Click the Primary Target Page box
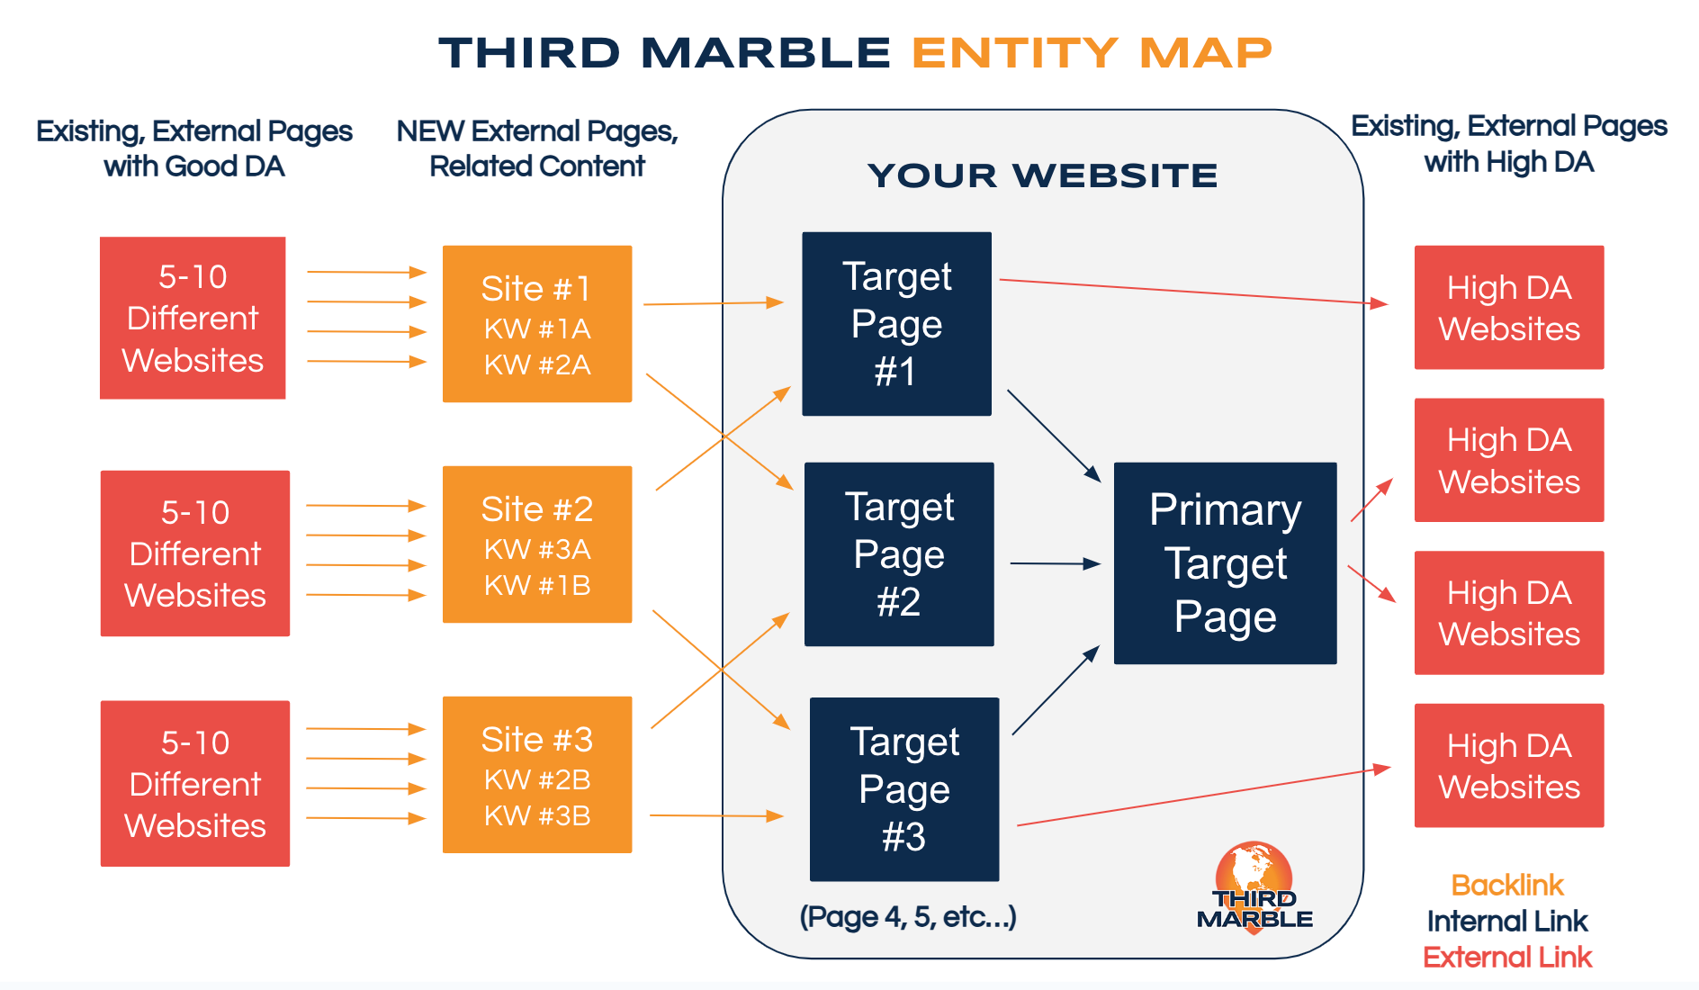[1225, 563]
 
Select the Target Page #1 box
[896, 324]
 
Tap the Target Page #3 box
[903, 789]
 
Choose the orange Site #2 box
[537, 544]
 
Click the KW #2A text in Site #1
[537, 365]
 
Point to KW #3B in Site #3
[537, 816]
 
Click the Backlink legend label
[1507, 886]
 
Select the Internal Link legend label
[1507, 922]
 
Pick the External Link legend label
[1507, 958]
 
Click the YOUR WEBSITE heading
[1043, 175]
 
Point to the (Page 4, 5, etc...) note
[908, 917]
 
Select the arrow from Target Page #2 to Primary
[1053, 564]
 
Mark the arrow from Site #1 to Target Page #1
[711, 304]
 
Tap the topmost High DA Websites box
[1509, 308]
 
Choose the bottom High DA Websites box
[1509, 766]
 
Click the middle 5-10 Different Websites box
[195, 553]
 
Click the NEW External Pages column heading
[537, 148]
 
